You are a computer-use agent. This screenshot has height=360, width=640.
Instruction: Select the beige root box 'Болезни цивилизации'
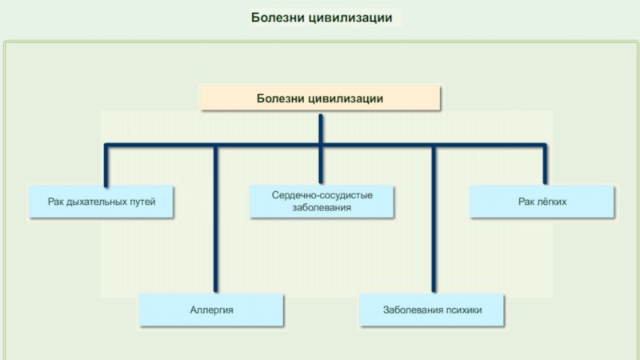(x=320, y=98)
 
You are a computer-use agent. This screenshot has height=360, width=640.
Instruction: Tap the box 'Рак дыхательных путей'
(x=101, y=202)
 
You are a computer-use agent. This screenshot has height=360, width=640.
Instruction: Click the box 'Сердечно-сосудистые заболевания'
(x=322, y=201)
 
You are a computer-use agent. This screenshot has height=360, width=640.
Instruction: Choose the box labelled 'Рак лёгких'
(x=542, y=202)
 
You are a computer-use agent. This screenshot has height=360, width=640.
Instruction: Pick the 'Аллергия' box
(x=212, y=309)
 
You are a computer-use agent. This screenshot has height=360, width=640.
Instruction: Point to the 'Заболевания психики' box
(x=432, y=309)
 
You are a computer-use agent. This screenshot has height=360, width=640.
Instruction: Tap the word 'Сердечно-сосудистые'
(x=322, y=194)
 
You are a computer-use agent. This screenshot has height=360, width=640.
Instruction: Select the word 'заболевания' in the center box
(x=322, y=207)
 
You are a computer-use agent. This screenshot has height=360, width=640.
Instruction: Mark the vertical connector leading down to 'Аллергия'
(x=215, y=224)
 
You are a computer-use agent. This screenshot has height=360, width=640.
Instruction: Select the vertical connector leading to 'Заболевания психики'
(x=433, y=224)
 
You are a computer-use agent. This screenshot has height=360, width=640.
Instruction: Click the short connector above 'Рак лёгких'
(x=546, y=165)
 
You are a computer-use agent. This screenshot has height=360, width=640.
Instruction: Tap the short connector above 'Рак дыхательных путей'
(x=106, y=165)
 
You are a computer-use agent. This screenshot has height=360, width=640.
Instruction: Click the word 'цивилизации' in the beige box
(x=349, y=98)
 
